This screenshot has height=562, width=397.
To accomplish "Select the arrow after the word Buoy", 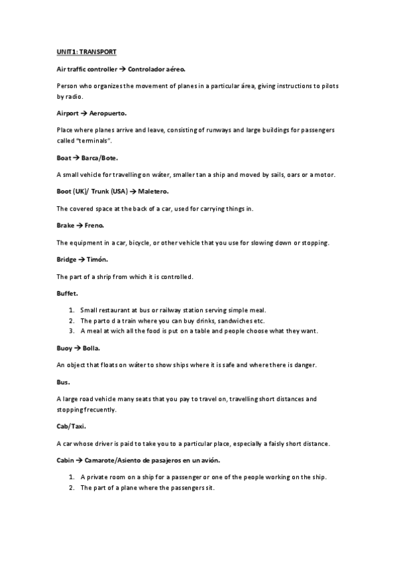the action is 77,347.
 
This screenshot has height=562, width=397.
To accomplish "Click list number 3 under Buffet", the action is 72,330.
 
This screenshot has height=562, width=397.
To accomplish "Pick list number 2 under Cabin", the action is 72,488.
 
